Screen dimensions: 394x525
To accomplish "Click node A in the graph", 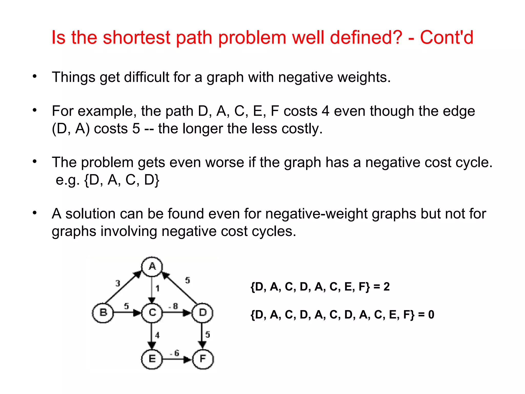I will pos(152,267).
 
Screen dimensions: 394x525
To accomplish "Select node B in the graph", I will pos(103,313).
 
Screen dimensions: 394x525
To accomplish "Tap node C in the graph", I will pos(152,313).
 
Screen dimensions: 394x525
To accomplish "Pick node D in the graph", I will pos(203,313).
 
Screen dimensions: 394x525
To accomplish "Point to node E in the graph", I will pos(152,359).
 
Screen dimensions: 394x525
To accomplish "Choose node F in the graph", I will pos(203,359).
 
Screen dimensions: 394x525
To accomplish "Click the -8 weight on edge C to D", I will pos(174,306).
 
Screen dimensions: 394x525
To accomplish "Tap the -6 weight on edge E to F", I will pos(175,353).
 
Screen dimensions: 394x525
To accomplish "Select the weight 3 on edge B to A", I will pos(118,283).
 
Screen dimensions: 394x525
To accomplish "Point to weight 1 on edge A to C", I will pos(158,289).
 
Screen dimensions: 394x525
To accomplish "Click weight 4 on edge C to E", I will pos(157,335).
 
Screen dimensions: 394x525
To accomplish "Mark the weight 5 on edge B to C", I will pos(126,306).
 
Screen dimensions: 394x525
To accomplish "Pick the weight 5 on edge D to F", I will pos(208,334).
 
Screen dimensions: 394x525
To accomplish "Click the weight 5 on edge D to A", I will pos(188,280).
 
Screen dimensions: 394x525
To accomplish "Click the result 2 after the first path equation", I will pos(387,287).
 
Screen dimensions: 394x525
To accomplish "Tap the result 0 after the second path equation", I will pos(431,314).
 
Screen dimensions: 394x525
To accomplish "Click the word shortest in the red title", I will pos(137,37).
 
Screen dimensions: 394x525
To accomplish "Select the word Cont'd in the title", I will pos(447,37).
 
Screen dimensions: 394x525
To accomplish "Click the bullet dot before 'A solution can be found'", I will pos(35,213).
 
